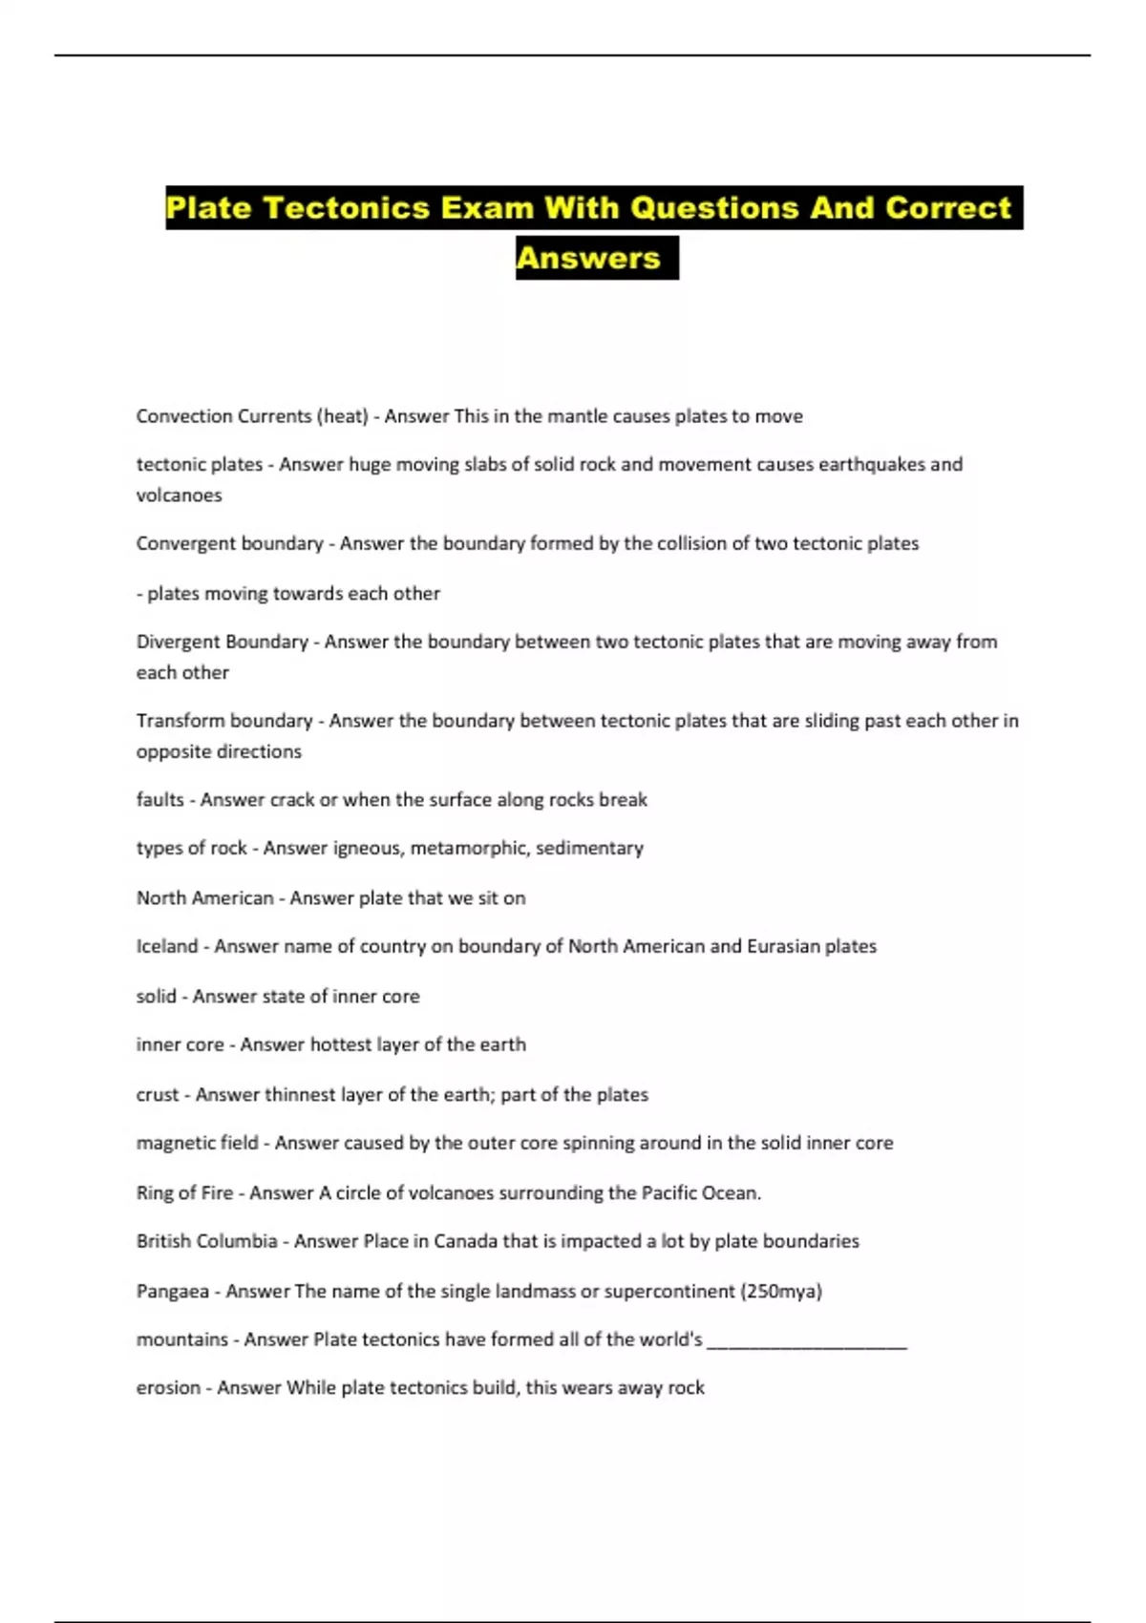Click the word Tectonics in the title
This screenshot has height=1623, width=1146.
(346, 208)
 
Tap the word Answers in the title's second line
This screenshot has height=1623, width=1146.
(588, 258)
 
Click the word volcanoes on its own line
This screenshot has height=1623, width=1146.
(179, 495)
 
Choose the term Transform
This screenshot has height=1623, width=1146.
(178, 721)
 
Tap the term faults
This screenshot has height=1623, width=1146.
(159, 800)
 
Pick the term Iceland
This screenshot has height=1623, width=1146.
(167, 946)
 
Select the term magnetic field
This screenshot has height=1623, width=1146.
(197, 1143)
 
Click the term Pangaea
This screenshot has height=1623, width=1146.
(172, 1292)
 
